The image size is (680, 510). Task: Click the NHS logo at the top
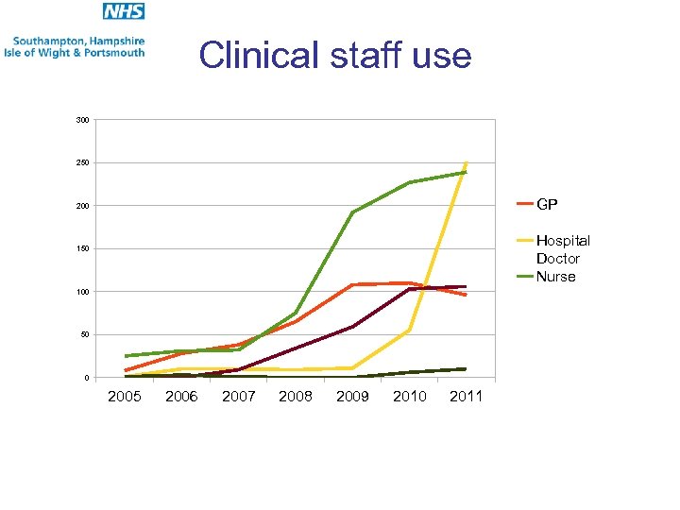tap(124, 12)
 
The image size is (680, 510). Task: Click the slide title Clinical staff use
tap(335, 56)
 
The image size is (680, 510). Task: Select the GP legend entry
tap(547, 204)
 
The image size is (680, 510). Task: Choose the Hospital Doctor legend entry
tap(562, 249)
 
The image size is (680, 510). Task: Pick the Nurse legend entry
tap(555, 277)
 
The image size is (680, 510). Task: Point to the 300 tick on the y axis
tap(83, 120)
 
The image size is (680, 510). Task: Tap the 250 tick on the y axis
tap(83, 163)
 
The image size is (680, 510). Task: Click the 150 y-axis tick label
tap(83, 249)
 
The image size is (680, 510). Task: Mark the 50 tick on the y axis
tap(85, 335)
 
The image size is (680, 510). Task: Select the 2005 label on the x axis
tap(125, 397)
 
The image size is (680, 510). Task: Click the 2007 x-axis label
tap(238, 397)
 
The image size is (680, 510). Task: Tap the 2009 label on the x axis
tap(352, 397)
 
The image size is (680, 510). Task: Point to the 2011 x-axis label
tap(466, 397)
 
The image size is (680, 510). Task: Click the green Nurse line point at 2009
tap(352, 212)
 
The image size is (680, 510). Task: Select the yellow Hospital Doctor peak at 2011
tap(466, 162)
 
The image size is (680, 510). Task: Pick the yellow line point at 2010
tap(409, 330)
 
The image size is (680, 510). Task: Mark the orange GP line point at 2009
tap(352, 284)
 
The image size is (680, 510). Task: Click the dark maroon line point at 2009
tap(352, 327)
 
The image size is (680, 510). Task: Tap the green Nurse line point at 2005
tap(126, 356)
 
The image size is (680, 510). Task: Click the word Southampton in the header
tap(52, 41)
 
